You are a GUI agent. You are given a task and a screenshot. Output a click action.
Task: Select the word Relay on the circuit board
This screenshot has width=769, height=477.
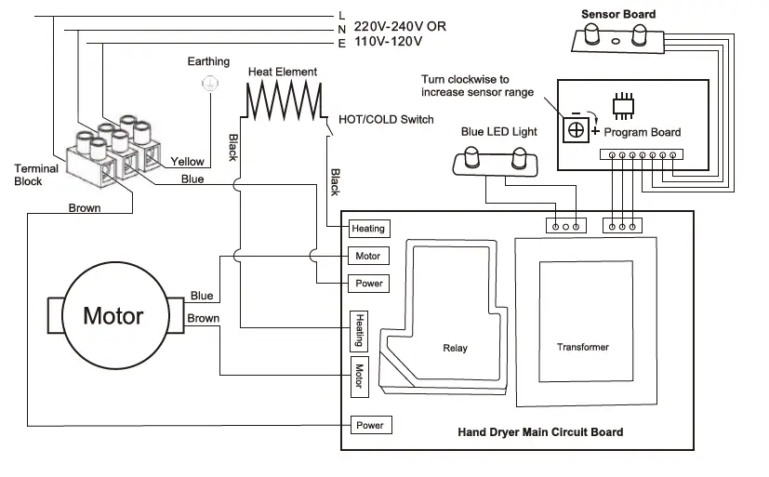(x=455, y=349)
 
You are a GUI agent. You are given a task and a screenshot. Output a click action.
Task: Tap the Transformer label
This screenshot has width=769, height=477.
(x=583, y=347)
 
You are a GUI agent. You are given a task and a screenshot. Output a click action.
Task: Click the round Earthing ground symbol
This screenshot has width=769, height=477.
(x=209, y=84)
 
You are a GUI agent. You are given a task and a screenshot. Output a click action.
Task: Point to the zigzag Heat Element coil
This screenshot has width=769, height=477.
(x=283, y=97)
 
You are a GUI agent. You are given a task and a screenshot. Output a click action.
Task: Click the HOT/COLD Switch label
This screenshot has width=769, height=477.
(x=386, y=120)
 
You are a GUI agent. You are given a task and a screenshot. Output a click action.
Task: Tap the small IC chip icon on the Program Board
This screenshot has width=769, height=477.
(x=624, y=103)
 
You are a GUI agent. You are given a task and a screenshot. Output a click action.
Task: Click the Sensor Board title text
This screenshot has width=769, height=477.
(x=617, y=14)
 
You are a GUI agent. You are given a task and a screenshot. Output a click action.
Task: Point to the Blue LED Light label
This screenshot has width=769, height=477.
(x=498, y=132)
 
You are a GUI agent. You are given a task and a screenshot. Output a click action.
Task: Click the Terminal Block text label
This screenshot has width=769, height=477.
(x=36, y=175)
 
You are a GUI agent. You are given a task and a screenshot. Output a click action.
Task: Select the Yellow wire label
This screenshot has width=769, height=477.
(x=187, y=162)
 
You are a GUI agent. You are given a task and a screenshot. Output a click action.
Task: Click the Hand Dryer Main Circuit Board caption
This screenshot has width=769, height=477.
(x=540, y=432)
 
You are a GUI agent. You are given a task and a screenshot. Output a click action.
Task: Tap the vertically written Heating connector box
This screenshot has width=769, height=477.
(x=359, y=329)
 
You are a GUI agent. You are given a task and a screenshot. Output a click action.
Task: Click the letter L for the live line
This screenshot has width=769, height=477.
(x=342, y=15)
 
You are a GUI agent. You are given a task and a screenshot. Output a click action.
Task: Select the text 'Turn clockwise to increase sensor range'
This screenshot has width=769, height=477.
(x=477, y=86)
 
